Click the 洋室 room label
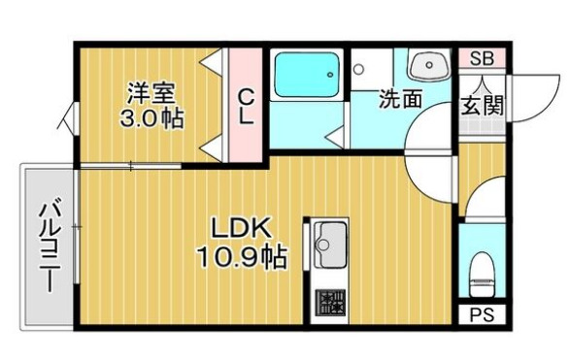(x=151, y=94)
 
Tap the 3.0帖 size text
(x=151, y=119)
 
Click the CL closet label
(x=246, y=106)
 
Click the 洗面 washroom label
(x=400, y=99)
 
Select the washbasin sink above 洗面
(x=427, y=67)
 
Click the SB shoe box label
(x=482, y=59)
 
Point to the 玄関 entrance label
(x=483, y=105)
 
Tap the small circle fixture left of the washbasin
(x=359, y=69)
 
